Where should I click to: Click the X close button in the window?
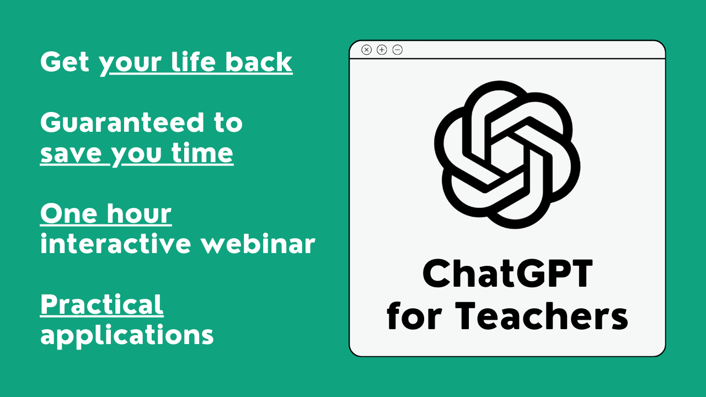366,50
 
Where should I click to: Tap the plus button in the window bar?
382,50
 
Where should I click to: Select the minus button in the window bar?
398,50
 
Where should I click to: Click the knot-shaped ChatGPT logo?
507,154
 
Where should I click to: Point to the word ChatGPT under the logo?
508,273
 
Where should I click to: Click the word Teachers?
542,315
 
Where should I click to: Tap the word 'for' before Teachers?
414,315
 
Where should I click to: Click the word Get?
65,62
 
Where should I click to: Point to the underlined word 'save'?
71,154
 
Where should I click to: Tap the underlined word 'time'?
202,153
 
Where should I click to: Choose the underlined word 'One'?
69,213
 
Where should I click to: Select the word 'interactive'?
116,243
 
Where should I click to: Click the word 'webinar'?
258,243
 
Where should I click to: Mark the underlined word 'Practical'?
102,304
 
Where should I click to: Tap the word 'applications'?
127,336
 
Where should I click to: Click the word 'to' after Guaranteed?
228,123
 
